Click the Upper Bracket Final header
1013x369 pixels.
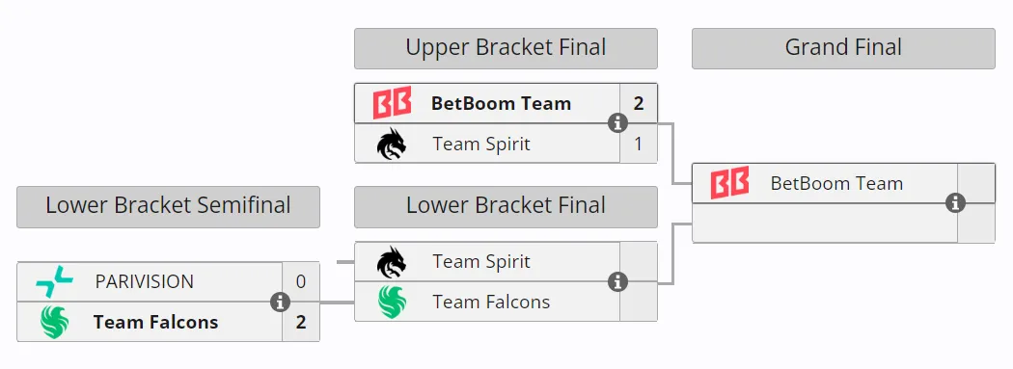506,48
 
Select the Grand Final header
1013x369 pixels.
843,48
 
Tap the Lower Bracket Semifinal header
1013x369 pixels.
168,206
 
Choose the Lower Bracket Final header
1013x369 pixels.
506,206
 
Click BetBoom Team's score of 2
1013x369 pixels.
639,103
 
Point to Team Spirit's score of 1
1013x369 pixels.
639,144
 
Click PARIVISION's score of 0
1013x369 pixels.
301,282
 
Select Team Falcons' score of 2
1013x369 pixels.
301,322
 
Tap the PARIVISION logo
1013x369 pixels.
54,282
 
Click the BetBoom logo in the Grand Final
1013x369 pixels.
730,183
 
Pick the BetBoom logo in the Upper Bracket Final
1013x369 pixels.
392,103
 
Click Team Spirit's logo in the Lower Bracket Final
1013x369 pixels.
392,262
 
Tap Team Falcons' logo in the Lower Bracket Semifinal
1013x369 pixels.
54,322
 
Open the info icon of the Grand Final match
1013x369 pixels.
955,203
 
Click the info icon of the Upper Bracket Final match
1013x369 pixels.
618,123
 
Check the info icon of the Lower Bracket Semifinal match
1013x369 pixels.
280,302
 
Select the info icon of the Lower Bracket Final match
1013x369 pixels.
618,282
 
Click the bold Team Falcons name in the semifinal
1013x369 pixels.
155,322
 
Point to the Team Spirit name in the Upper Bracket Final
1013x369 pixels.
481,144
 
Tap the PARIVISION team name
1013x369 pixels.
144,282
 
